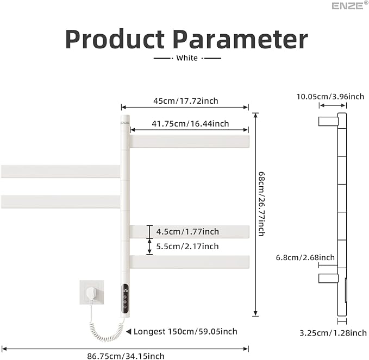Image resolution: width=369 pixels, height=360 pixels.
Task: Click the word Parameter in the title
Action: pyautogui.click(x=240, y=39)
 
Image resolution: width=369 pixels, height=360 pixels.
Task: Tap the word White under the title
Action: pyautogui.click(x=187, y=58)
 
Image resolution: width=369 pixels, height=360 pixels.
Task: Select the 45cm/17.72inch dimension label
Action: pyautogui.click(x=186, y=101)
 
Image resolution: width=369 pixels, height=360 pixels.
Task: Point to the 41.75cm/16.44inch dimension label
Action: pyautogui.click(x=190, y=124)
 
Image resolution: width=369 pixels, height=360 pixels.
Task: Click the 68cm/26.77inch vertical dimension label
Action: pyautogui.click(x=261, y=204)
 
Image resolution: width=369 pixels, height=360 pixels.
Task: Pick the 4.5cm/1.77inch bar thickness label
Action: pyautogui.click(x=187, y=232)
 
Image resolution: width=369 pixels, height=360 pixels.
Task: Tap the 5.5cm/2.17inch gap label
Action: pyautogui.click(x=187, y=247)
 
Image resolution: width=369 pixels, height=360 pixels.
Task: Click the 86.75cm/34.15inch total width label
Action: pyautogui.click(x=126, y=356)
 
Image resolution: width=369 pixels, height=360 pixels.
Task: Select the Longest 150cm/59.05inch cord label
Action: pyautogui.click(x=185, y=332)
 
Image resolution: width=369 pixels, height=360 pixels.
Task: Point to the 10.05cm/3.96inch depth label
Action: pyautogui.click(x=330, y=97)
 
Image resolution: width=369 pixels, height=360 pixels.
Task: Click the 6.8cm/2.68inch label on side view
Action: pyautogui.click(x=305, y=257)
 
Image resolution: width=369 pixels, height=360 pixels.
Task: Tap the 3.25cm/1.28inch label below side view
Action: pyautogui.click(x=333, y=333)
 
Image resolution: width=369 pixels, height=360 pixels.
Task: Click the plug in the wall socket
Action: pyautogui.click(x=92, y=294)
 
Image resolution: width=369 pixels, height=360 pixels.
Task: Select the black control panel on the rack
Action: pyautogui.click(x=125, y=299)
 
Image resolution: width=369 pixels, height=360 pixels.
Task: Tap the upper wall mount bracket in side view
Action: pyautogui.click(x=328, y=121)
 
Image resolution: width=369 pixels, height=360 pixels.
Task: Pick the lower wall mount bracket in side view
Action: pyautogui.click(x=328, y=279)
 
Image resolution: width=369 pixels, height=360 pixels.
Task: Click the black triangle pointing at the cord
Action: pyautogui.click(x=128, y=332)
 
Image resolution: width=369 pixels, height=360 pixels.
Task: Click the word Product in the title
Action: pyautogui.click(x=115, y=39)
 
